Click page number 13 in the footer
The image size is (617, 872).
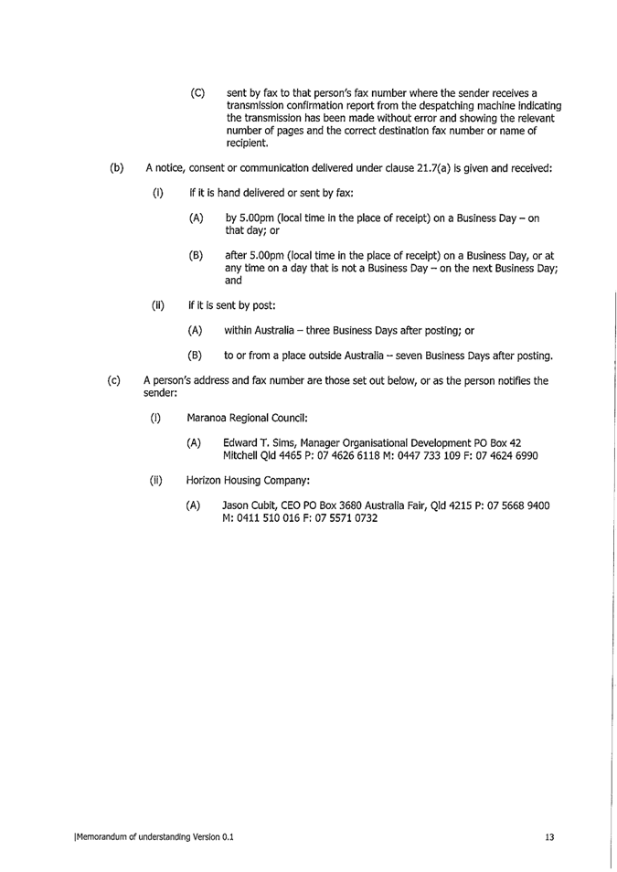coord(549,836)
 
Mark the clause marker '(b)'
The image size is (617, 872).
coord(116,169)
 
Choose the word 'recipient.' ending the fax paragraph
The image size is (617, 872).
coord(247,144)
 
